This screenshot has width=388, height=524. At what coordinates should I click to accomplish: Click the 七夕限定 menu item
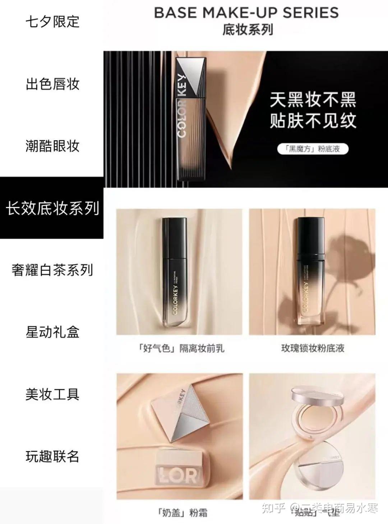52,22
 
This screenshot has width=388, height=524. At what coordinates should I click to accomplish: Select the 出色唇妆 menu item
52,84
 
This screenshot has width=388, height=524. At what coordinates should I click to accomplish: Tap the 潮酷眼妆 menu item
52,146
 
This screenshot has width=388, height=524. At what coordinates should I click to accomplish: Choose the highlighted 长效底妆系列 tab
52,208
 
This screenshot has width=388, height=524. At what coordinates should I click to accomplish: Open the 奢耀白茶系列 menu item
52,270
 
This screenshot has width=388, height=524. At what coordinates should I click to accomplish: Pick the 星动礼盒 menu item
52,332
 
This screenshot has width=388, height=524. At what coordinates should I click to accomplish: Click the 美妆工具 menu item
52,394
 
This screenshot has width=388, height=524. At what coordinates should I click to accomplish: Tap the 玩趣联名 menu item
52,456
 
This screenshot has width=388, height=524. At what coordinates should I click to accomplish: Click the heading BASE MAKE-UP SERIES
246,13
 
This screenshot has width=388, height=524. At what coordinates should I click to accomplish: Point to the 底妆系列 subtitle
248,29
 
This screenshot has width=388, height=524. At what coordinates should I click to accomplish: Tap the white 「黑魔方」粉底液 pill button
313,149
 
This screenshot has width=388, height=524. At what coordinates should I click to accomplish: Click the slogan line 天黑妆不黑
313,100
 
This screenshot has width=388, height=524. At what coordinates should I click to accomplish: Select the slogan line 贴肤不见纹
313,121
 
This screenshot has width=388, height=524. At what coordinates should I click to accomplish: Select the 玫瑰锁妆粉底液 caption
312,348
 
